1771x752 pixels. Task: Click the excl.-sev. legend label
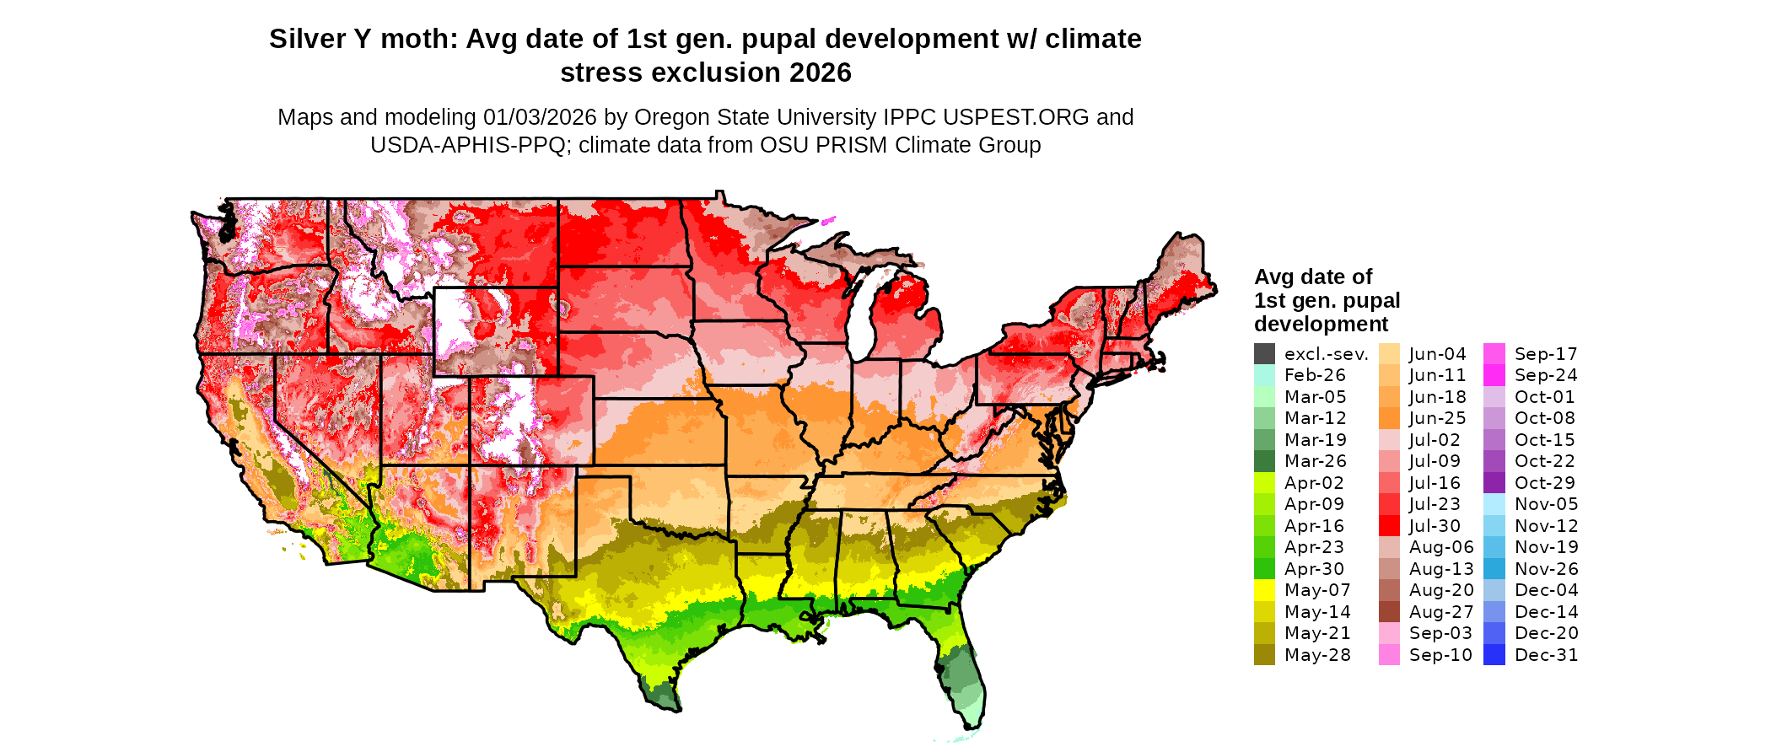pyautogui.click(x=1326, y=354)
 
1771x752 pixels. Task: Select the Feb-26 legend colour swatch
pyautogui.click(x=1264, y=375)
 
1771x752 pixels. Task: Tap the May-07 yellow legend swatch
pyautogui.click(x=1264, y=590)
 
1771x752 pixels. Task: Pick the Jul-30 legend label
pyautogui.click(x=1435, y=526)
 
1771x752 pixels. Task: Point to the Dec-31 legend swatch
pyautogui.click(x=1494, y=655)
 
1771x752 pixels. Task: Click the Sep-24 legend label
pyautogui.click(x=1546, y=375)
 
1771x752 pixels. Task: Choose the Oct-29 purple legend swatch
pyautogui.click(x=1494, y=483)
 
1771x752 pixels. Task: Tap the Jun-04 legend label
pyautogui.click(x=1437, y=354)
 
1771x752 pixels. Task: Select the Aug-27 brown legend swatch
pyautogui.click(x=1389, y=612)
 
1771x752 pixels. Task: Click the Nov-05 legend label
pyautogui.click(x=1546, y=504)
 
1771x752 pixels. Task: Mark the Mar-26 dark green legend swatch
pyautogui.click(x=1264, y=461)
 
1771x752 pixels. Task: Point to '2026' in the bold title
pyautogui.click(x=821, y=73)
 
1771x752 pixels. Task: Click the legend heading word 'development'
pyautogui.click(x=1321, y=325)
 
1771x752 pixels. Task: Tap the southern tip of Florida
pyautogui.click(x=974, y=723)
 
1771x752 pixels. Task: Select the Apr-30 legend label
pyautogui.click(x=1314, y=569)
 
